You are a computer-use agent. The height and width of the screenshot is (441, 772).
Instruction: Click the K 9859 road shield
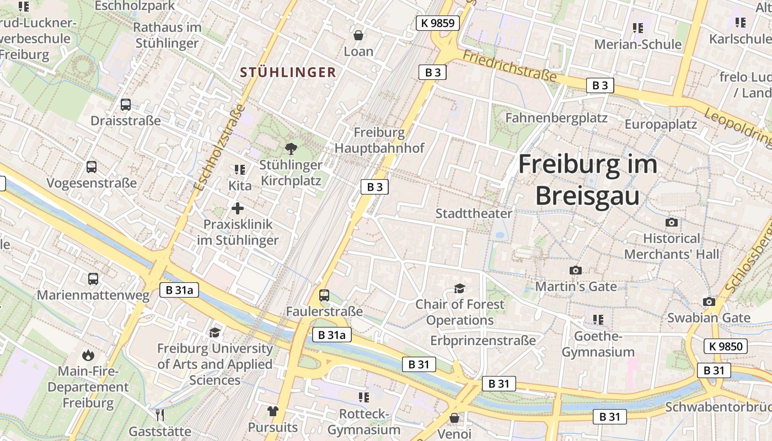[437, 23]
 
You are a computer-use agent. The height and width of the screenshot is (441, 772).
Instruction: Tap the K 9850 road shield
[726, 346]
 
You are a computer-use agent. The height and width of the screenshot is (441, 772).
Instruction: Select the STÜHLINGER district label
[288, 72]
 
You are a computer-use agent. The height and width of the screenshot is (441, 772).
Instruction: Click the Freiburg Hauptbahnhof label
[379, 140]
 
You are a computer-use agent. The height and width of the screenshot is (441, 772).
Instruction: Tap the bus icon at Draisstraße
[126, 104]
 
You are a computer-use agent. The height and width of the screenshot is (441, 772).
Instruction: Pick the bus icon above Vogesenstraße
[92, 166]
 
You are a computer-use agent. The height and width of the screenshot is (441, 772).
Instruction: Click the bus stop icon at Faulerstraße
[324, 295]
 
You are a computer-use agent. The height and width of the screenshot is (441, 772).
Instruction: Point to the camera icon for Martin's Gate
[575, 270]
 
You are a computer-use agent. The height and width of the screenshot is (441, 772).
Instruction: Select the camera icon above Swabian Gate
[709, 302]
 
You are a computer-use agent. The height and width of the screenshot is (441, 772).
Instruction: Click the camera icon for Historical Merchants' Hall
[672, 222]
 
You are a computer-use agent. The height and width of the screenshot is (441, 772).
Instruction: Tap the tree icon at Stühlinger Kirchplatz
[291, 148]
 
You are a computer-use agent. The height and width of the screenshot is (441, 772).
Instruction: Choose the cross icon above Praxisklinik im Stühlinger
[238, 208]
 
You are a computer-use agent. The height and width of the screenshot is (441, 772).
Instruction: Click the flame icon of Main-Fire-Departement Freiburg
[88, 354]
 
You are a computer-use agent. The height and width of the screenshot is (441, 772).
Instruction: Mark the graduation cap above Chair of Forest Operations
[459, 288]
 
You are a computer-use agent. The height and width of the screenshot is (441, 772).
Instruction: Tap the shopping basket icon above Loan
[358, 35]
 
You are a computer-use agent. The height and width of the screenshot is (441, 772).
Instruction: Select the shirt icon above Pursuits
[272, 411]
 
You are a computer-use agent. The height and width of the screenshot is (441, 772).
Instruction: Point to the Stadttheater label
[474, 213]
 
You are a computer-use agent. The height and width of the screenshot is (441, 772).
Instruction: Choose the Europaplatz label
[661, 124]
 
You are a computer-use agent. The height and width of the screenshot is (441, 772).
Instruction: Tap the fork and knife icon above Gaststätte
[160, 415]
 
